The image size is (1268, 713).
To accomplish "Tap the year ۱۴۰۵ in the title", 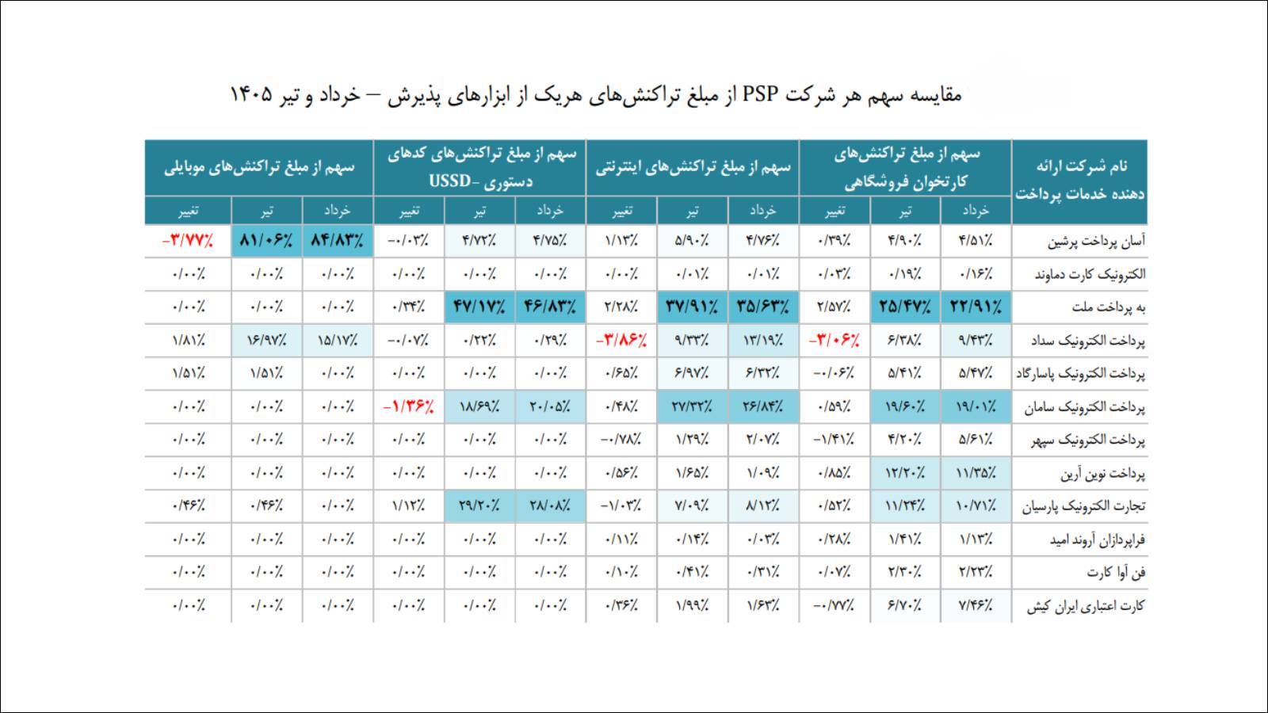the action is coord(251,94).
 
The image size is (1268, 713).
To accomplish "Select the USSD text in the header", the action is coord(450,181).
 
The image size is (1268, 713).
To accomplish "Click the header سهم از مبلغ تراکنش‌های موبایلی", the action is coord(259,167).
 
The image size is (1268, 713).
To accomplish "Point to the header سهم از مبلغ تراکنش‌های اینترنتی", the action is coord(693,167).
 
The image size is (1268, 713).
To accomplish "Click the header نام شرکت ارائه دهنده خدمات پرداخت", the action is coord(1080,180).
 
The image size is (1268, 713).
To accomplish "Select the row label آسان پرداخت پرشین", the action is coord(1096,242).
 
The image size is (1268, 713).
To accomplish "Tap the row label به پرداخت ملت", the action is coord(1109,308).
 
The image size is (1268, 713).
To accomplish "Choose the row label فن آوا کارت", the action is coord(1116,573).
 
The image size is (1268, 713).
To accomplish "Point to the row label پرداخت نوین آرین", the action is coord(1102,474).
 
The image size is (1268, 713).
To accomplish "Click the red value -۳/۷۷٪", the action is coord(187,241).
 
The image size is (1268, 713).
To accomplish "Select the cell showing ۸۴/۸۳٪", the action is coord(338,241).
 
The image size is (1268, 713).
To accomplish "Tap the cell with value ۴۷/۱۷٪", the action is coord(479,307).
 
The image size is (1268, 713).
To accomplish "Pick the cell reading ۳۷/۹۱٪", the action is coord(693,307).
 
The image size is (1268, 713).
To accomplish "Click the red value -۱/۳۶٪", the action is coord(408,407).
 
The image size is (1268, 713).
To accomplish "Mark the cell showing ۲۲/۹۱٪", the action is coord(976,307).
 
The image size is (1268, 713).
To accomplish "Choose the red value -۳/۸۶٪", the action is coord(621,341).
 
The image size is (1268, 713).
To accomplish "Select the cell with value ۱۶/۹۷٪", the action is coord(266,341).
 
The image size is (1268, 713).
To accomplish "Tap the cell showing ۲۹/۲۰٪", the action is coord(479,506).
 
